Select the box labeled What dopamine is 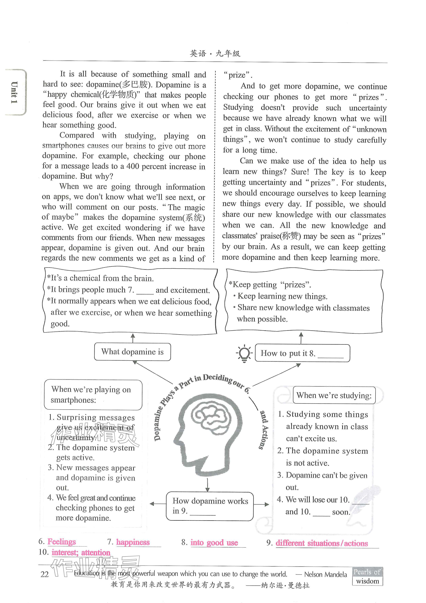[x=133, y=352]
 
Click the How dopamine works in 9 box [x=210, y=506]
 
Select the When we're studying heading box [x=334, y=395]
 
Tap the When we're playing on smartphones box [x=93, y=395]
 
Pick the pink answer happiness [x=133, y=542]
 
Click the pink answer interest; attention [x=81, y=553]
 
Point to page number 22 [x=45, y=574]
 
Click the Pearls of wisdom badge [x=367, y=576]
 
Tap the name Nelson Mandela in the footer [x=326, y=574]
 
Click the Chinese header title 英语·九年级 [x=215, y=54]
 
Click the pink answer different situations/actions [x=322, y=543]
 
